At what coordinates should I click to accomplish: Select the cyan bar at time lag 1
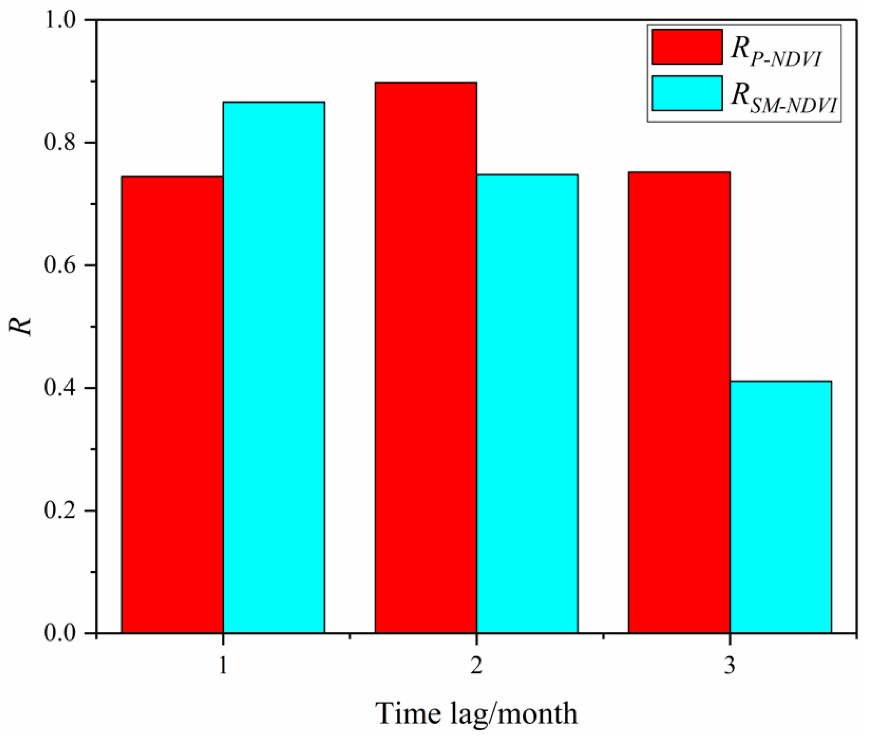coord(274,367)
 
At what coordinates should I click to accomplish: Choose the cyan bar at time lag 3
coord(781,507)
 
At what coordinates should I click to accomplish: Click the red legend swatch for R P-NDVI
coord(687,47)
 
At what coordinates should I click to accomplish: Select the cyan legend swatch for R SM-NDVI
coord(687,93)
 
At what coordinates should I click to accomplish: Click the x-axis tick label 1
coord(223,666)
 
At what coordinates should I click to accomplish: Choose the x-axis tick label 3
coord(730,666)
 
